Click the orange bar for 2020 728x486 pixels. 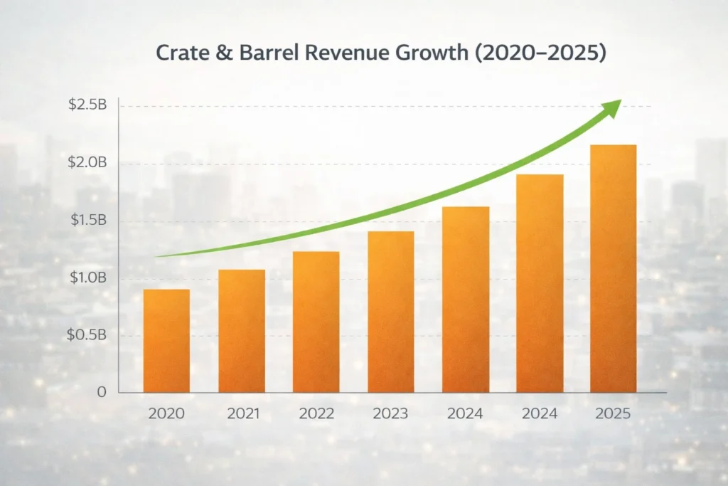click(x=166, y=341)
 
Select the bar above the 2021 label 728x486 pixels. click(x=242, y=331)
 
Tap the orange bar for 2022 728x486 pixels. click(x=316, y=322)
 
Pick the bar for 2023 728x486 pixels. click(x=390, y=312)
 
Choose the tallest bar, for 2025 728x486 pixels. click(x=614, y=268)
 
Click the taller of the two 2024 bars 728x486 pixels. click(x=540, y=283)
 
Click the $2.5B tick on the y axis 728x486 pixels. click(x=87, y=105)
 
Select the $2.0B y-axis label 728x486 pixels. click(x=87, y=163)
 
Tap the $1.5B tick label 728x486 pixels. click(x=87, y=220)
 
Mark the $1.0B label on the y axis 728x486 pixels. click(x=87, y=278)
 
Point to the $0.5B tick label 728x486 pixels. click(x=87, y=334)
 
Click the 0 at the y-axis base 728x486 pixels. click(x=102, y=392)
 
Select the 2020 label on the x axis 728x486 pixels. click(x=166, y=413)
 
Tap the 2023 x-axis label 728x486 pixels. click(x=390, y=413)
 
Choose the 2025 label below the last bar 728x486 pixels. click(x=614, y=413)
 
